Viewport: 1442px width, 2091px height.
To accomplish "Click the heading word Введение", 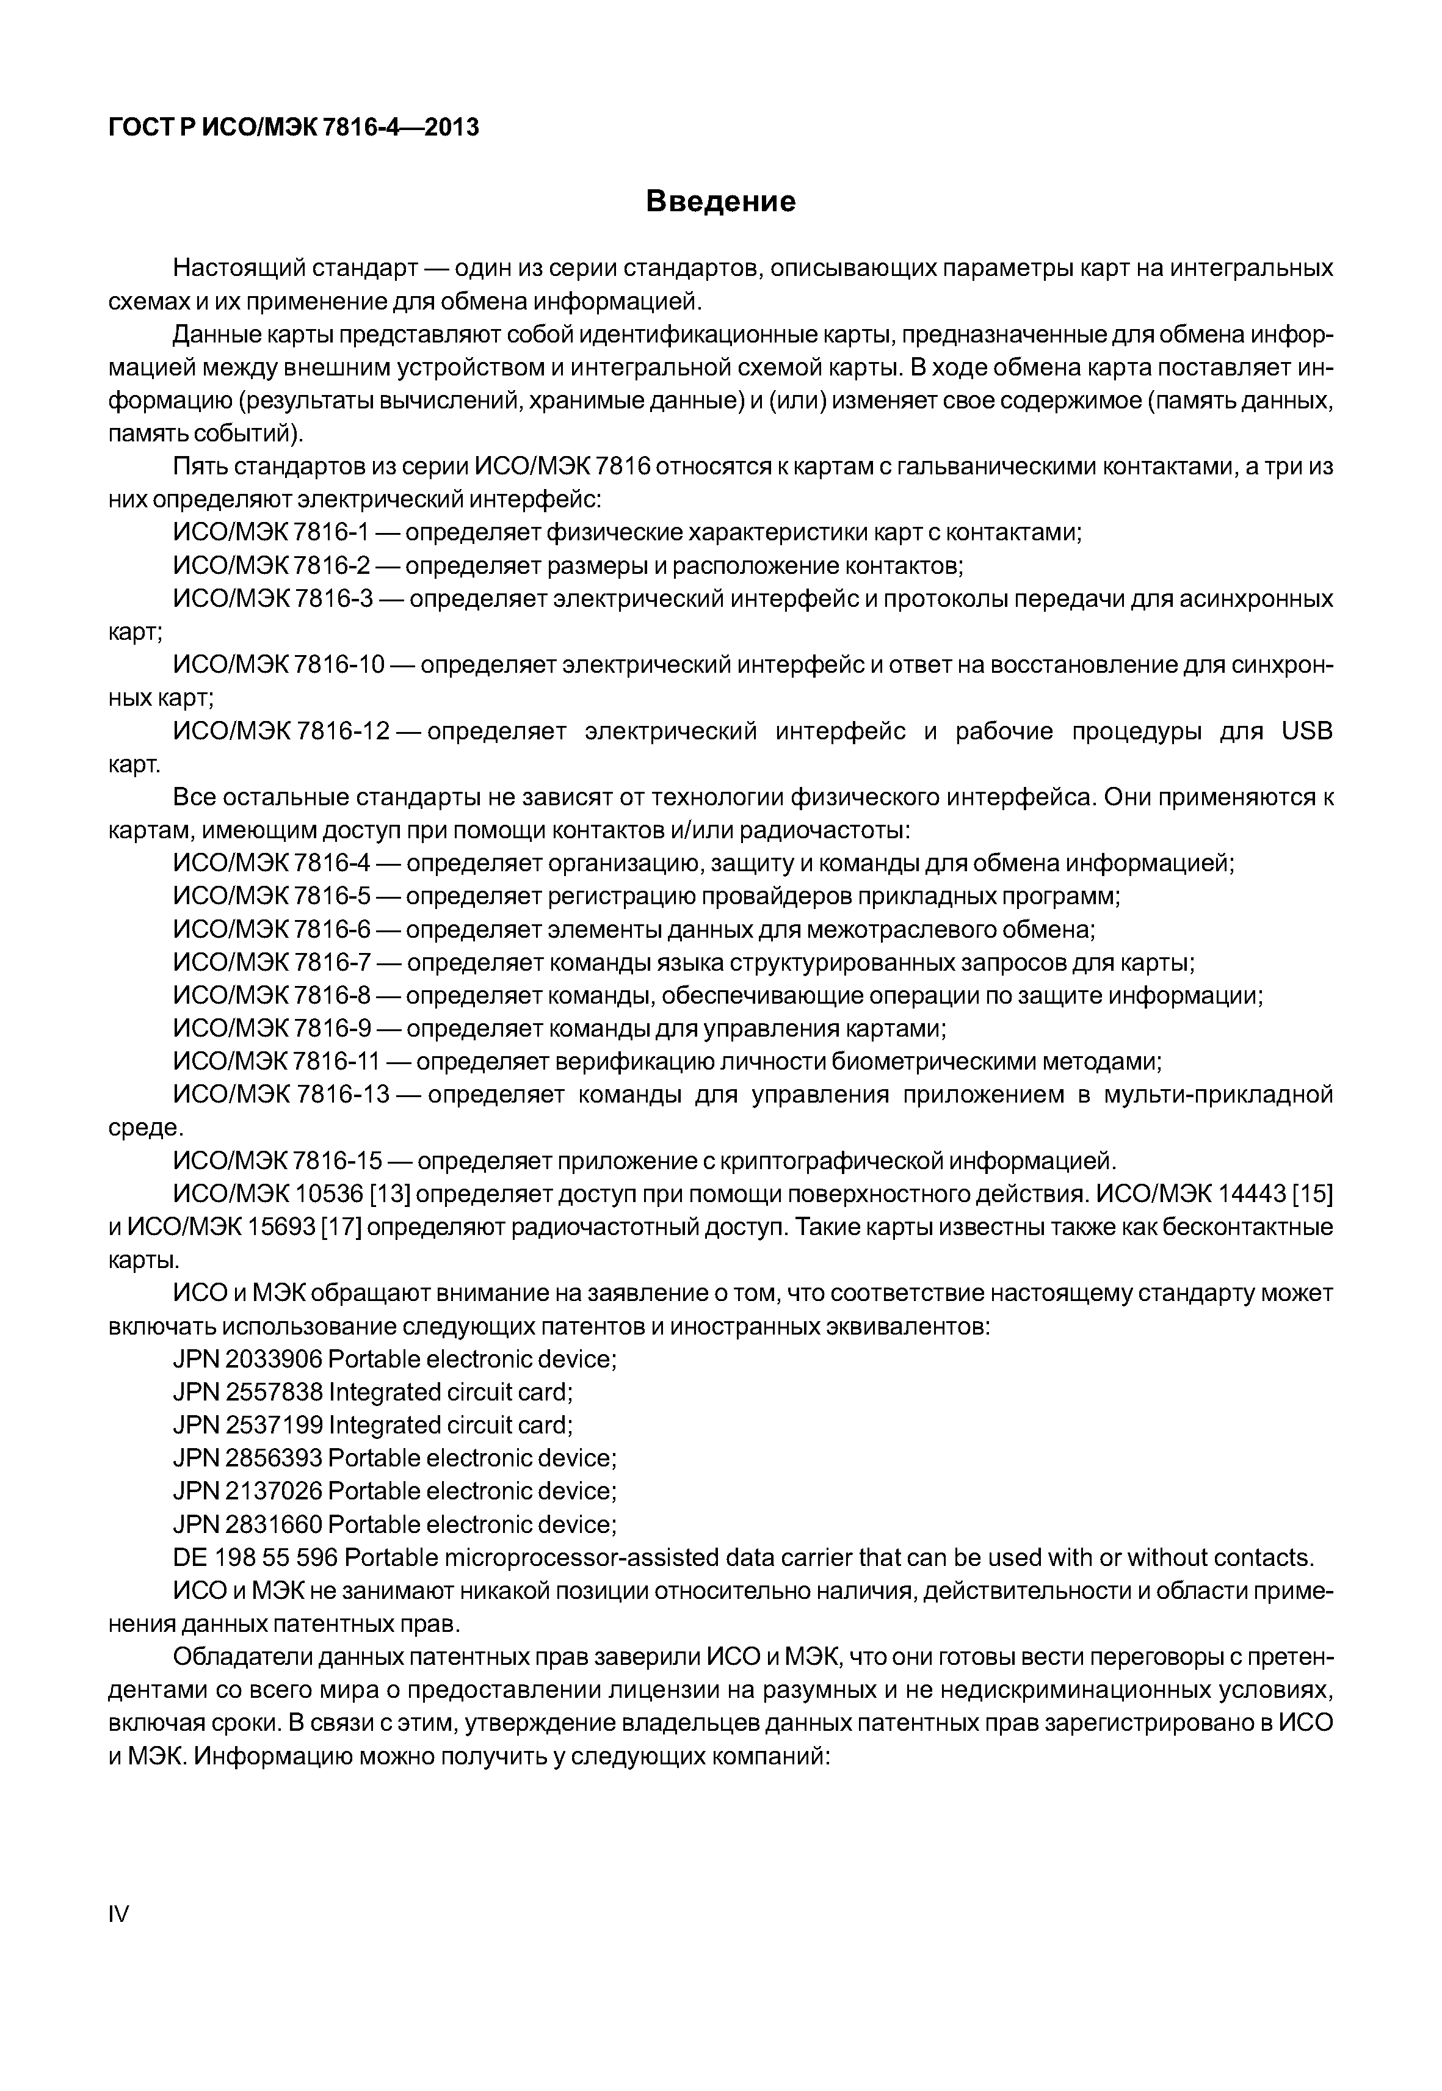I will pos(720,201).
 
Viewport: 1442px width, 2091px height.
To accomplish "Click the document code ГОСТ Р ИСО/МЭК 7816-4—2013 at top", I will pos(293,128).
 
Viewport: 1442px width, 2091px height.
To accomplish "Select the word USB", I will pos(1306,731).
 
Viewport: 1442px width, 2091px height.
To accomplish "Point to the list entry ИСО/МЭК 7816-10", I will pos(279,665).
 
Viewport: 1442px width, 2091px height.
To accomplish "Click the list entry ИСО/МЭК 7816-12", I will pos(281,731).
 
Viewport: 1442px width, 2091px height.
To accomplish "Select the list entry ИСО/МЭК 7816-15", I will pos(278,1160).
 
